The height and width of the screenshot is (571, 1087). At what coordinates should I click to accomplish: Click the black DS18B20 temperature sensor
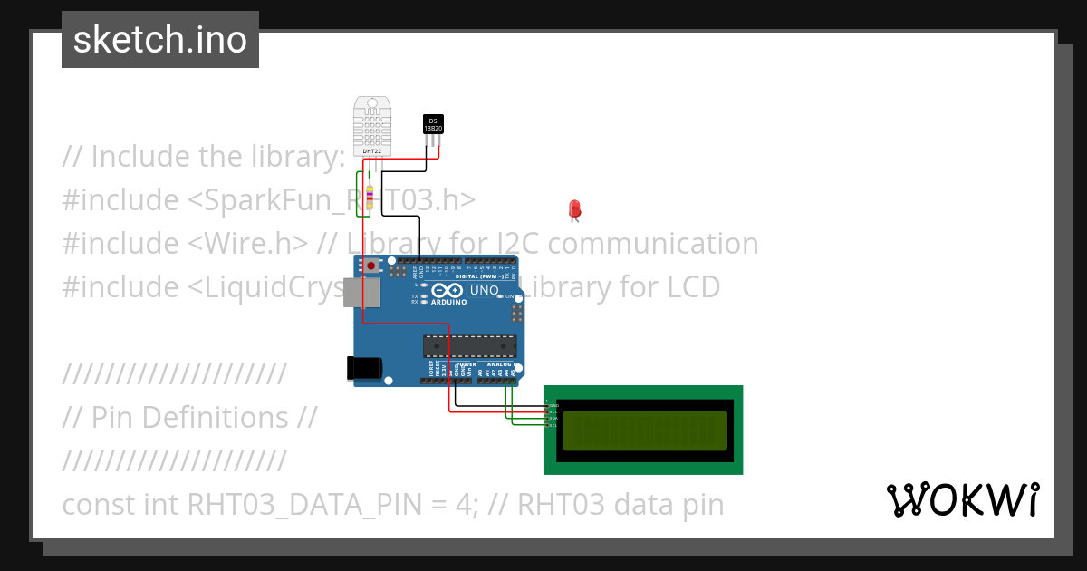tap(433, 125)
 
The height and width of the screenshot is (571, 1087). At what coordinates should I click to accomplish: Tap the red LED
tap(574, 209)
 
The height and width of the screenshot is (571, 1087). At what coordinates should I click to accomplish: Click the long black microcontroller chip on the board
tap(470, 345)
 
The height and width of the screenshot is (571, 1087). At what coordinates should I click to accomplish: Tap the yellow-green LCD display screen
tap(644, 431)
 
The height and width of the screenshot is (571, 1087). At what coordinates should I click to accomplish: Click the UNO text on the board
tap(484, 290)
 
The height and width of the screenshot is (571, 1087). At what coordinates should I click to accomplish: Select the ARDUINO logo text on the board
tap(449, 302)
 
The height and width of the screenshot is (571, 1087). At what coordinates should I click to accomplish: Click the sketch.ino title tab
tap(160, 40)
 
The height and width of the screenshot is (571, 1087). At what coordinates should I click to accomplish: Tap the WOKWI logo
tap(963, 499)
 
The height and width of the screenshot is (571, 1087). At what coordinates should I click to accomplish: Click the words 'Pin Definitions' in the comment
tap(189, 417)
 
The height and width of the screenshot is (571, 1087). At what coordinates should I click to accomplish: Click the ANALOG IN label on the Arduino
tap(501, 363)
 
